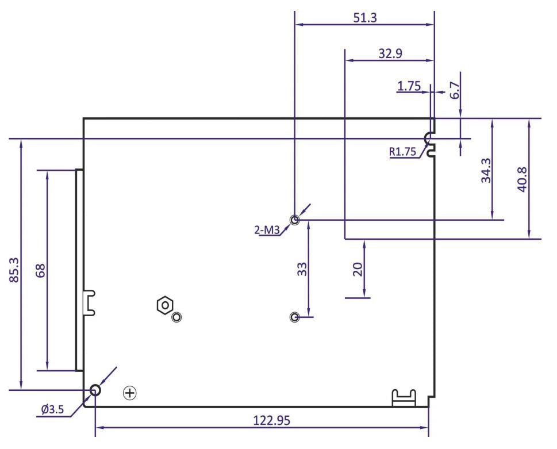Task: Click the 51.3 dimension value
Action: tap(364, 17)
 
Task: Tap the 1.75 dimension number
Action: tap(409, 86)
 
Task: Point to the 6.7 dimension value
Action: tap(455, 90)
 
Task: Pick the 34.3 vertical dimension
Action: tap(486, 170)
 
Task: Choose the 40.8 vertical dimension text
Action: tap(522, 179)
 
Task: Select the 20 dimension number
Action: tap(358, 270)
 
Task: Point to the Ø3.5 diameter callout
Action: tap(53, 410)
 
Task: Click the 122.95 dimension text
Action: tap(272, 420)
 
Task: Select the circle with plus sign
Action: tap(131, 393)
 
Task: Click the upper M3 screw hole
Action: tap(295, 220)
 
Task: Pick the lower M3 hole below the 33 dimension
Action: tap(295, 317)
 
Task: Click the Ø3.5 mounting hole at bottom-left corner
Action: tap(95, 390)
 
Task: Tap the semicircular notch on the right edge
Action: tap(428, 138)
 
